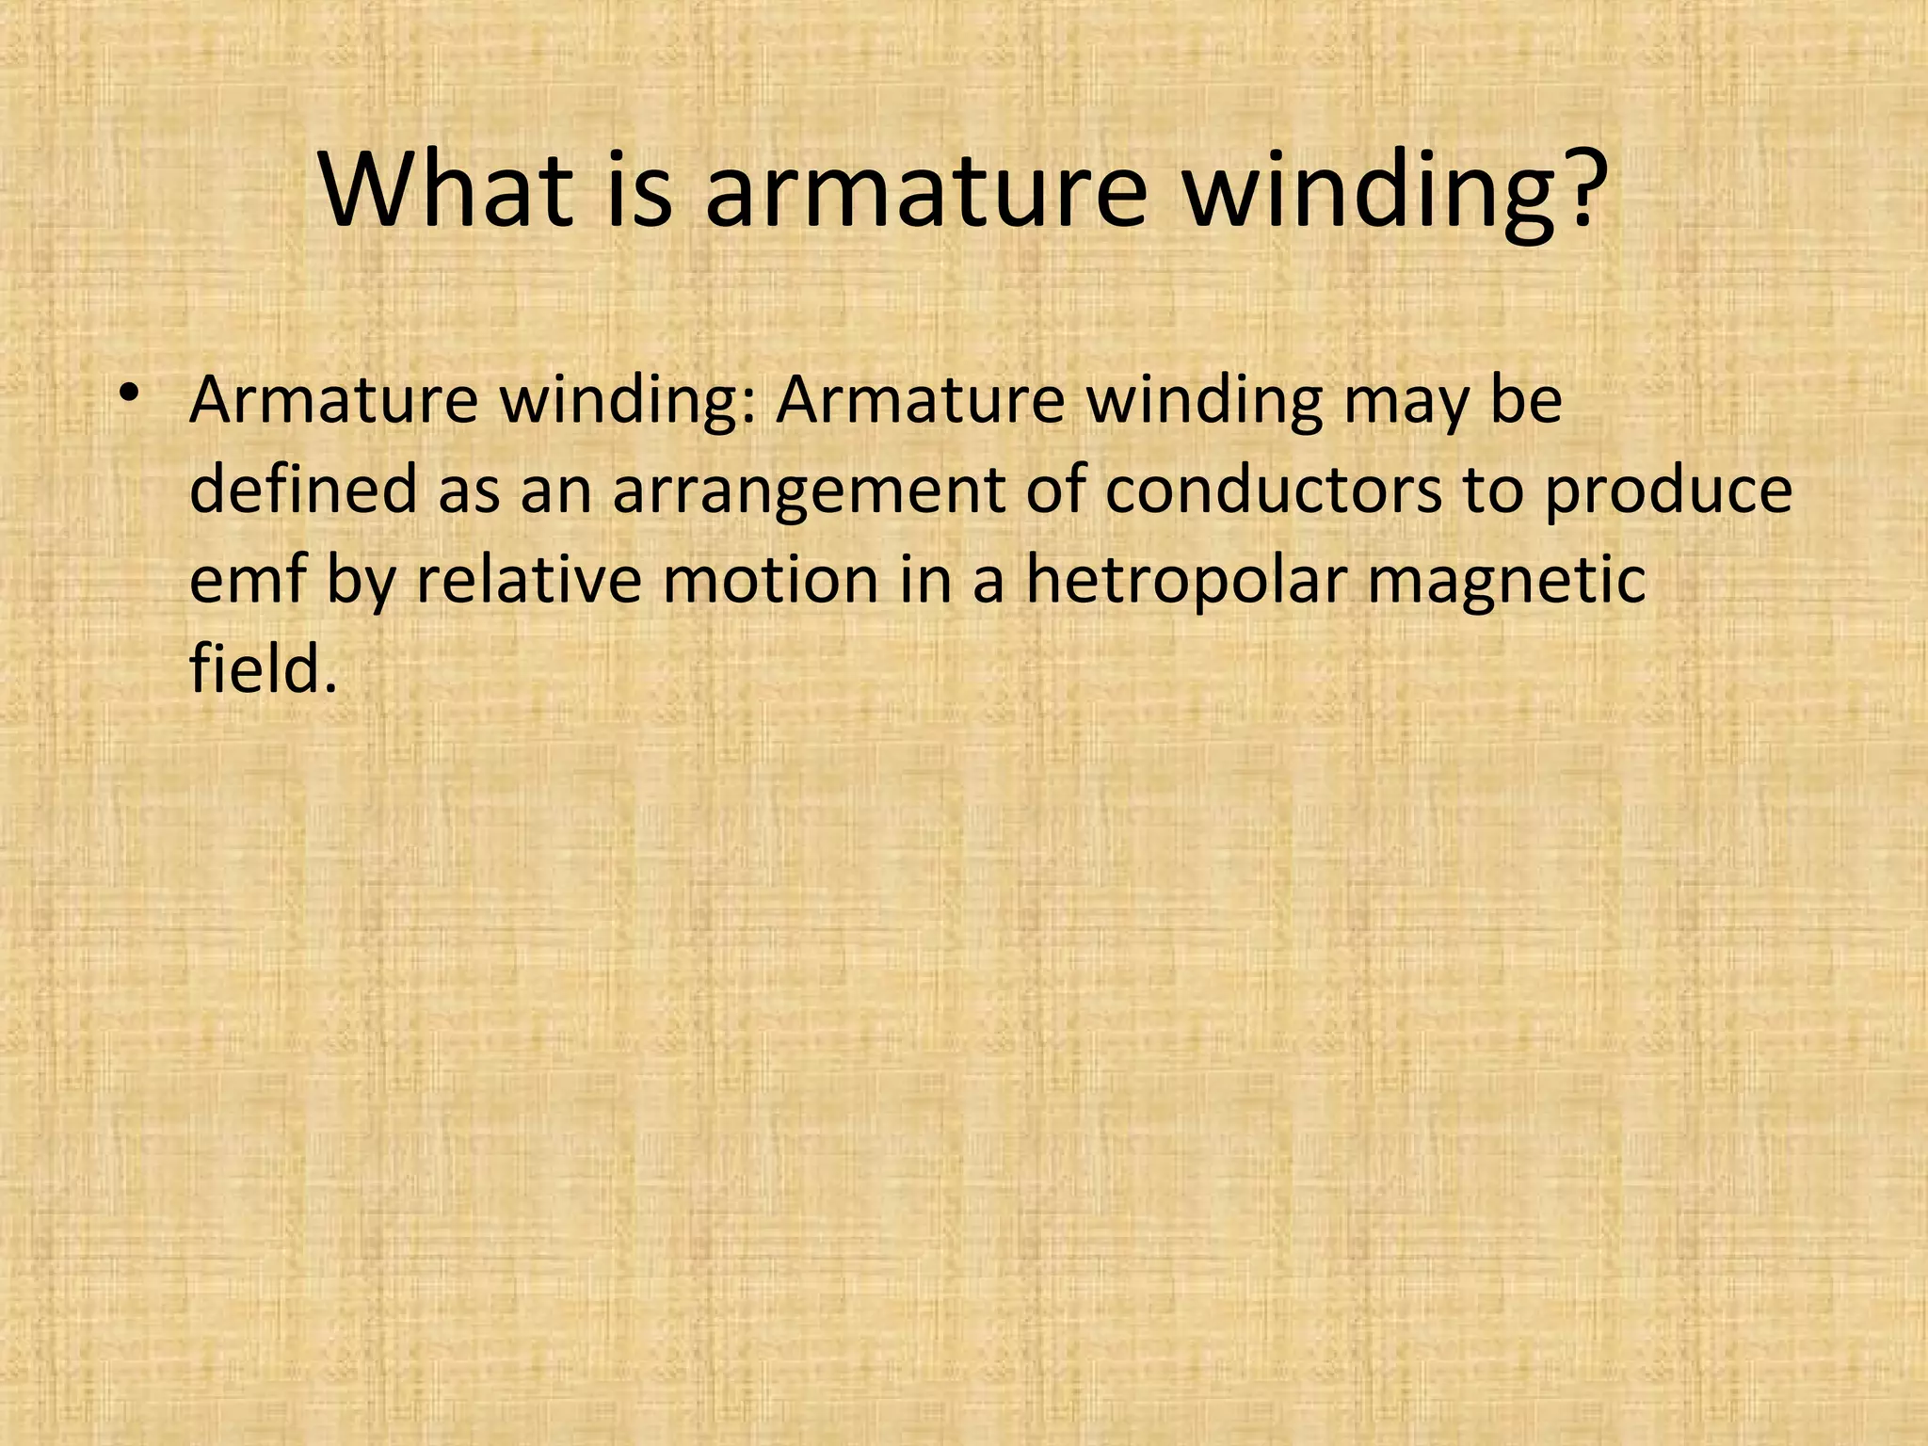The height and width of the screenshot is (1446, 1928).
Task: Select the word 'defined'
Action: [x=303, y=490]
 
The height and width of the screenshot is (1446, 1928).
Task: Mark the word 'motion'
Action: [x=771, y=580]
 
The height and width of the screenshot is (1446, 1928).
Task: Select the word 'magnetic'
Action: [x=1506, y=582]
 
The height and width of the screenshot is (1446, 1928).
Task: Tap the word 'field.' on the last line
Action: [x=263, y=669]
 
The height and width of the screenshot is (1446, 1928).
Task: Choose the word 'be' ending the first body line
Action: [x=1526, y=401]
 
